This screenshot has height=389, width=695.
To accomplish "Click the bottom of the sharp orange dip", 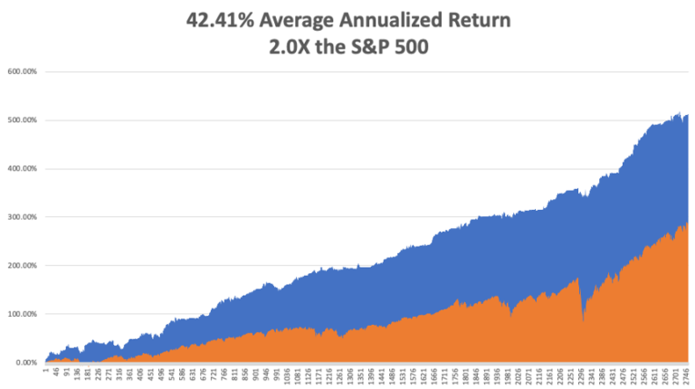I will (x=584, y=321).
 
